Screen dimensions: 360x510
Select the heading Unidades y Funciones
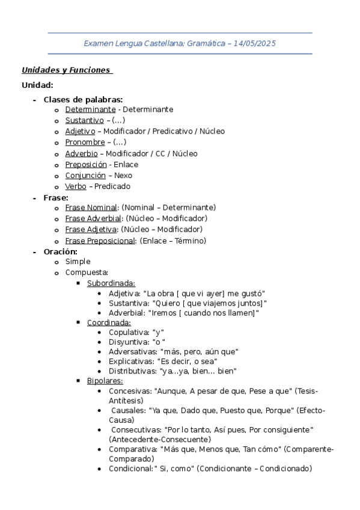[66, 70]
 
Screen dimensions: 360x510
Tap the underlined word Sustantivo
[84, 120]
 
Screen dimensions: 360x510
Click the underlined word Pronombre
[85, 143]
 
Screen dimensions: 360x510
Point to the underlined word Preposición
[86, 164]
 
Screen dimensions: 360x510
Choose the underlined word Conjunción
[85, 176]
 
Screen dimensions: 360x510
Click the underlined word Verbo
[76, 186]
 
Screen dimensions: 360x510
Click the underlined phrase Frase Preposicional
[100, 241]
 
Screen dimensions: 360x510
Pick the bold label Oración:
[61, 251]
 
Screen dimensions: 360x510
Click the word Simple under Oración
[78, 262]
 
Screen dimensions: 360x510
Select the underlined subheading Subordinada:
[111, 283]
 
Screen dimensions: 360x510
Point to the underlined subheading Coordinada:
[109, 322]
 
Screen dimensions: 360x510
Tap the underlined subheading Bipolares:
[105, 381]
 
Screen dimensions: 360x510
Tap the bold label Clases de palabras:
[84, 99]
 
